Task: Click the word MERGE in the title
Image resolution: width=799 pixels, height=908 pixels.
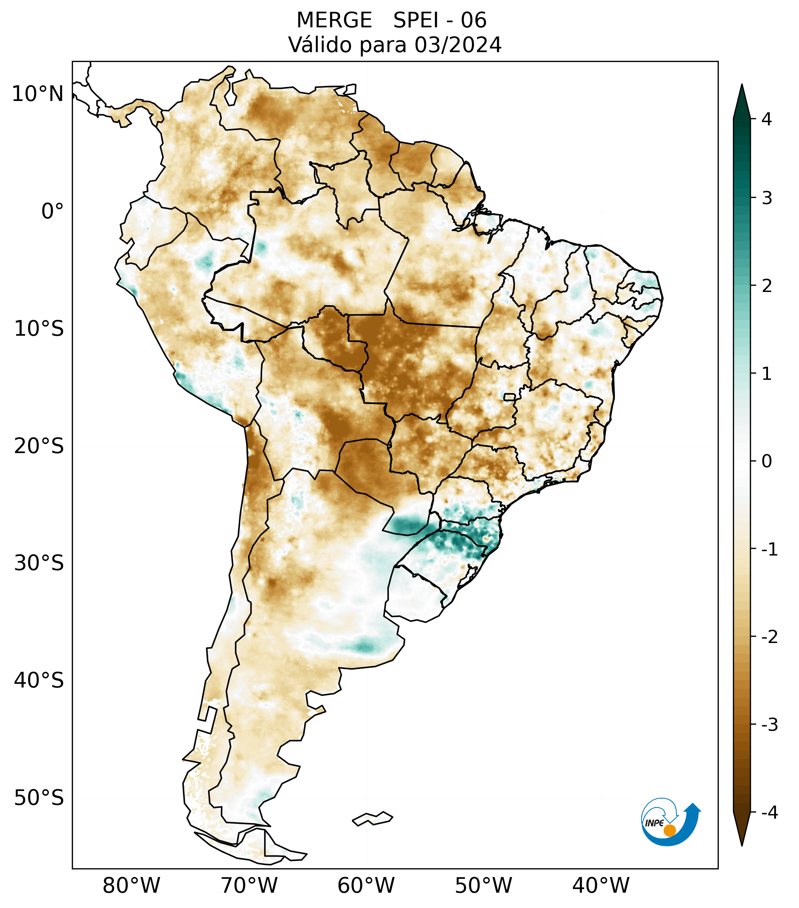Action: tap(334, 20)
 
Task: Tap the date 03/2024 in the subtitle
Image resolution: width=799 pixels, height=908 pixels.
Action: tap(458, 45)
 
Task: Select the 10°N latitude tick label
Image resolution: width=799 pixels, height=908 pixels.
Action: tap(38, 94)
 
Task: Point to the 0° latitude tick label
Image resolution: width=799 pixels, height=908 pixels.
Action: tap(53, 211)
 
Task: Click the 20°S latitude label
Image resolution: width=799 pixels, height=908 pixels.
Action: tap(39, 446)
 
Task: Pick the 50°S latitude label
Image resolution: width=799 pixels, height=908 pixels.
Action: tap(39, 798)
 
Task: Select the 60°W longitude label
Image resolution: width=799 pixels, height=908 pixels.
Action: tap(366, 885)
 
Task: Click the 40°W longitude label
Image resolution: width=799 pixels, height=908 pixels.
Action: tap(601, 885)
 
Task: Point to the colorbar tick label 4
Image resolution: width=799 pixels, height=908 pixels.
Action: tap(767, 119)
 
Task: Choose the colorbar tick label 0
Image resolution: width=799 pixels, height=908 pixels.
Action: tap(767, 461)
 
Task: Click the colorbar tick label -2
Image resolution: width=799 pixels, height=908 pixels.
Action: tap(769, 637)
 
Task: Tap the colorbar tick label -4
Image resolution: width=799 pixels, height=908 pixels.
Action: tap(769, 813)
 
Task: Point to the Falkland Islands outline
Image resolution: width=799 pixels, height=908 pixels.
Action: tap(372, 819)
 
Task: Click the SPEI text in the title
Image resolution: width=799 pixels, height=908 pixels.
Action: tap(415, 20)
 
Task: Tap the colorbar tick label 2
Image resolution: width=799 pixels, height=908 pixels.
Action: tap(767, 286)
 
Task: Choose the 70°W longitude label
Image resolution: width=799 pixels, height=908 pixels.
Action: tap(249, 885)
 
